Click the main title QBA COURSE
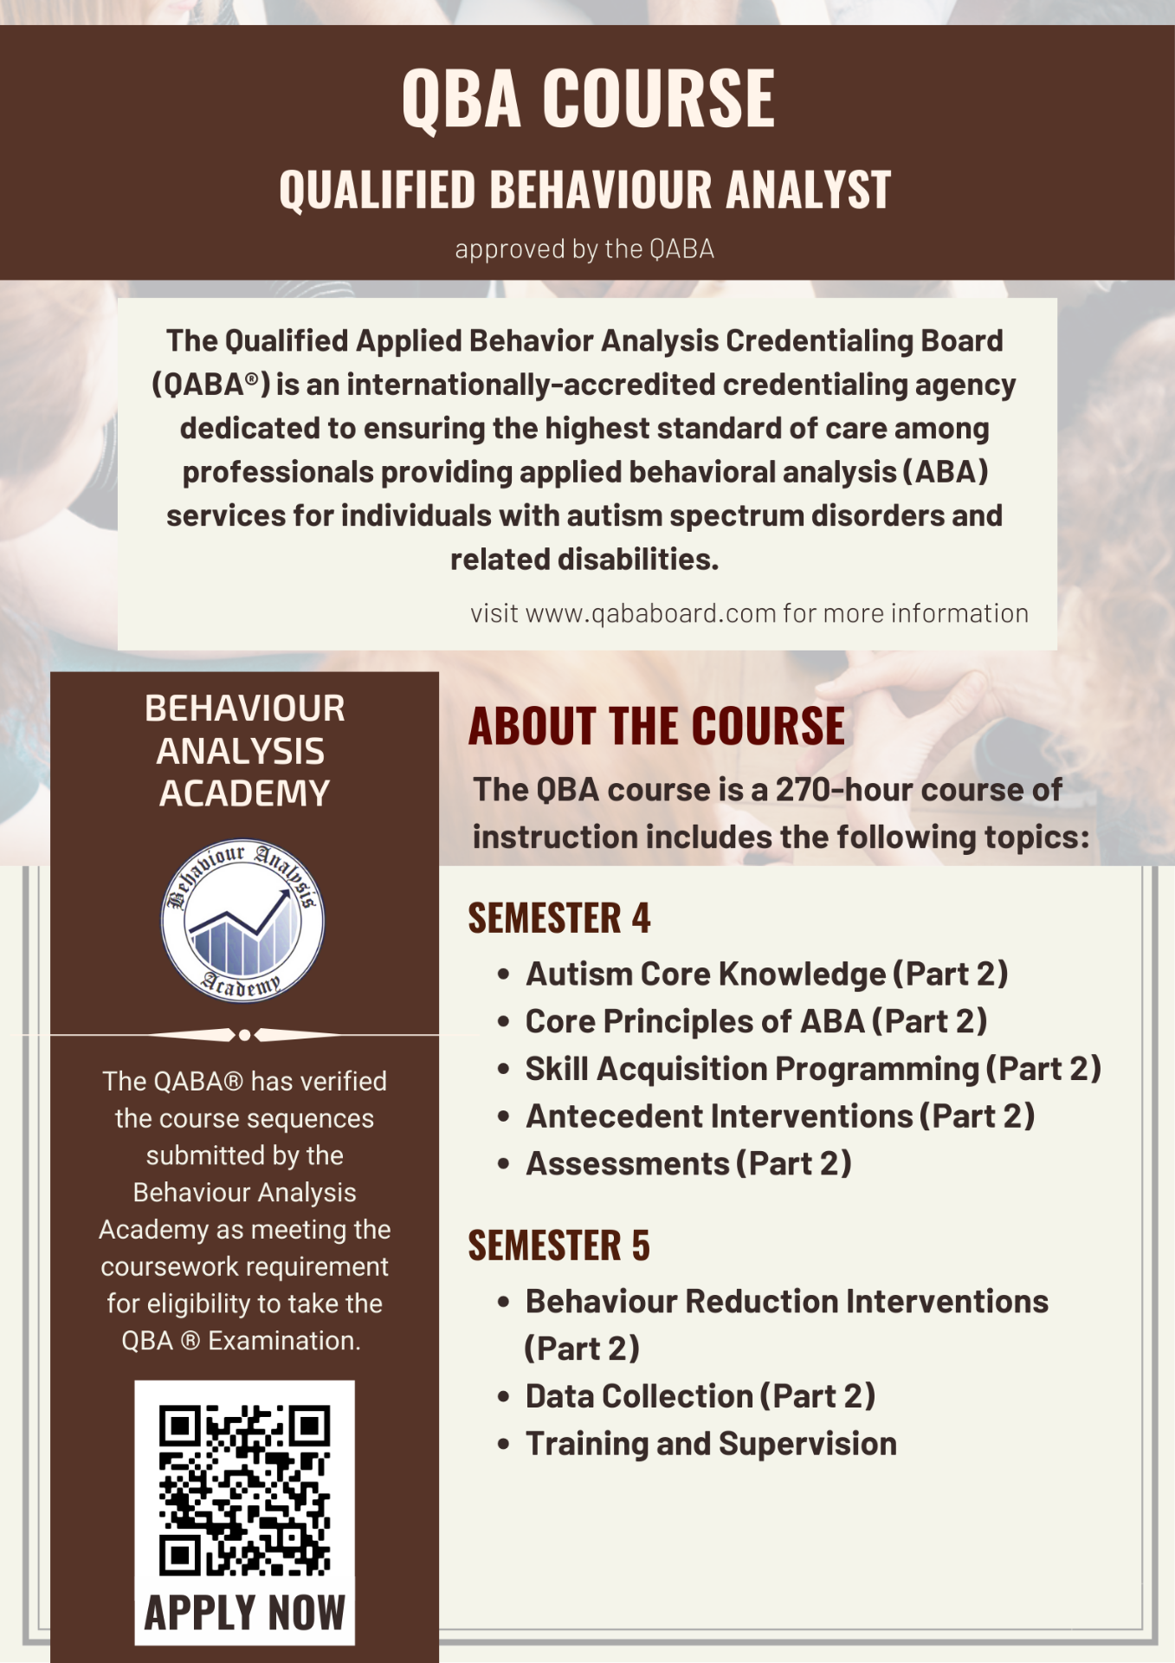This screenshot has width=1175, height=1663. coord(588,99)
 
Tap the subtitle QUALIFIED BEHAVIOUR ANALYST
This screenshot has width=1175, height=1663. coord(585,190)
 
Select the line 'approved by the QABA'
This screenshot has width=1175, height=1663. coord(584,249)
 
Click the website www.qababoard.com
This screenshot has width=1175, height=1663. coord(650,614)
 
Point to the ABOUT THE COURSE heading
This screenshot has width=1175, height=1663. coord(656,726)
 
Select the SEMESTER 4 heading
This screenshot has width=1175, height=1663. coord(558,918)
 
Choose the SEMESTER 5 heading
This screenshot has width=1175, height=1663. coord(558,1246)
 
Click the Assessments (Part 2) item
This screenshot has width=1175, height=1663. coord(688,1164)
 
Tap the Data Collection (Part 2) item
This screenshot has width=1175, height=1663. coord(700,1396)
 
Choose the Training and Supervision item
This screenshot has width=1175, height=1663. coord(711,1444)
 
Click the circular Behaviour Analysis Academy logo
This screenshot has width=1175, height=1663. coord(243,920)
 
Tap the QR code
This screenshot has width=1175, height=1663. coord(244,1490)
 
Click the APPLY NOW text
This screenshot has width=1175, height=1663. coord(244,1614)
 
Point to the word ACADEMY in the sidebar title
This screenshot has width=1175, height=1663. coord(244,793)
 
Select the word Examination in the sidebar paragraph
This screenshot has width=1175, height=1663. coord(284,1341)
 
